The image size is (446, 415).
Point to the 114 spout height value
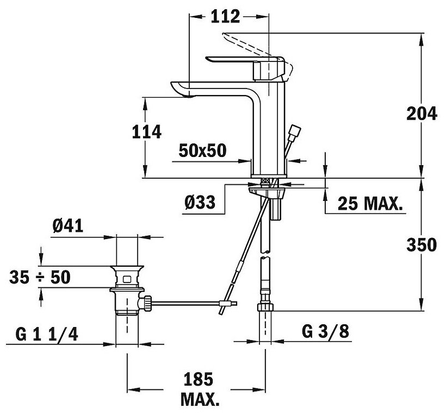(x=146, y=133)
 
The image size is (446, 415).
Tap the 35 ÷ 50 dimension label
(x=40, y=277)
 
